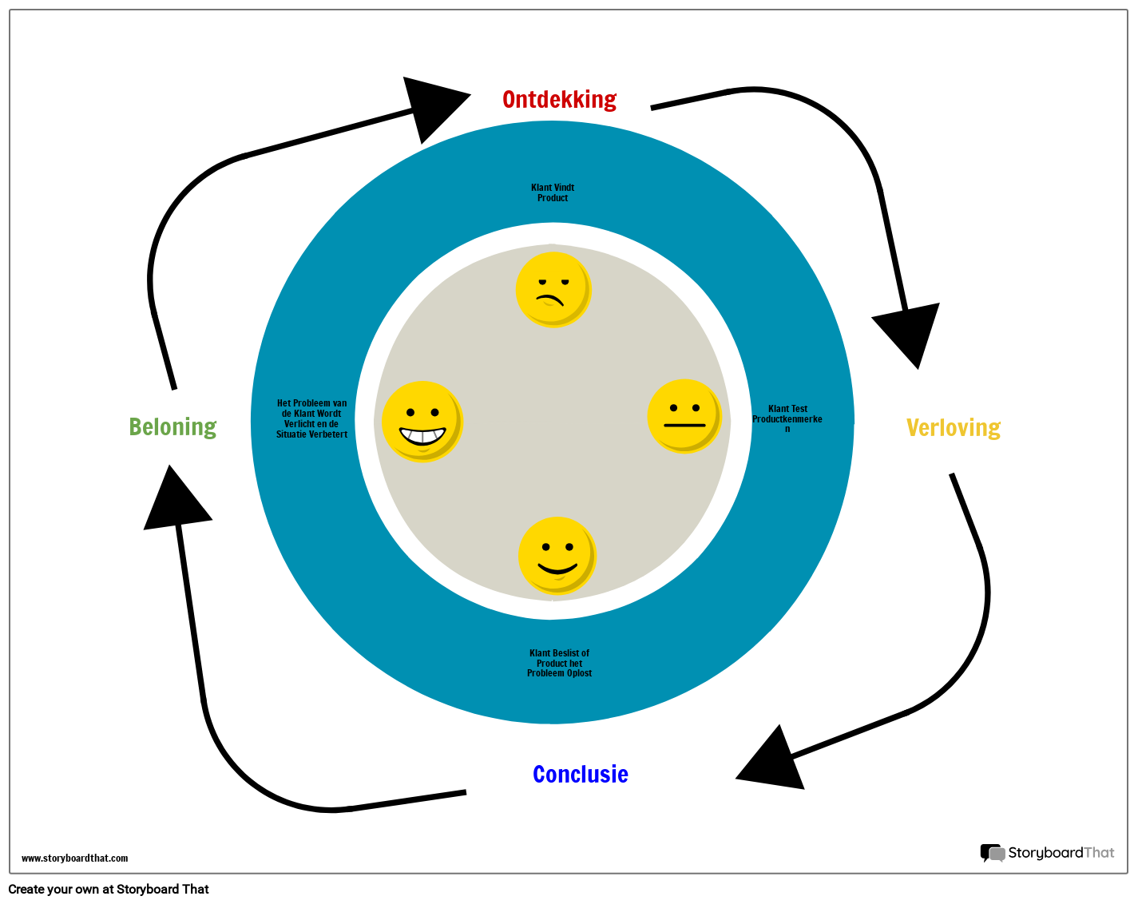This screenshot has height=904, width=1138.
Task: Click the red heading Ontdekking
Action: (559, 100)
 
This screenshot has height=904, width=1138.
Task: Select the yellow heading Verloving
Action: (953, 428)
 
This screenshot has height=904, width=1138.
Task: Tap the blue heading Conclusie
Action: (580, 775)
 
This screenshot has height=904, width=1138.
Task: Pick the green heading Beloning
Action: (172, 427)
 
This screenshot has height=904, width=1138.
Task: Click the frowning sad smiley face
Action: (553, 289)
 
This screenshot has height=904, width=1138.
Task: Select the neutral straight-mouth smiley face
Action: (684, 416)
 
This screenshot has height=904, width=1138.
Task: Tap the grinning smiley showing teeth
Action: (422, 421)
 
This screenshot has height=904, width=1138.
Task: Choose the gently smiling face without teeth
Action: (557, 556)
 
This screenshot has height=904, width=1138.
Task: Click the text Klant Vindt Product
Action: (553, 193)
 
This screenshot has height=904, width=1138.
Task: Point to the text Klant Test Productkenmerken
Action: (787, 418)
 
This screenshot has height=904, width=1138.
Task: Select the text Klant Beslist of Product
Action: (559, 663)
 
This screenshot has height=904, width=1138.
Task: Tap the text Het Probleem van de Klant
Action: (311, 418)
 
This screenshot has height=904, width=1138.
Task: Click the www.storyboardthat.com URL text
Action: (74, 858)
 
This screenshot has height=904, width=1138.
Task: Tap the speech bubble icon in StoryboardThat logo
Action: (992, 853)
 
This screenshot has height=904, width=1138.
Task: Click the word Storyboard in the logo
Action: (1045, 853)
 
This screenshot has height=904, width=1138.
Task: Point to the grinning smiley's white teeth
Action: (422, 436)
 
